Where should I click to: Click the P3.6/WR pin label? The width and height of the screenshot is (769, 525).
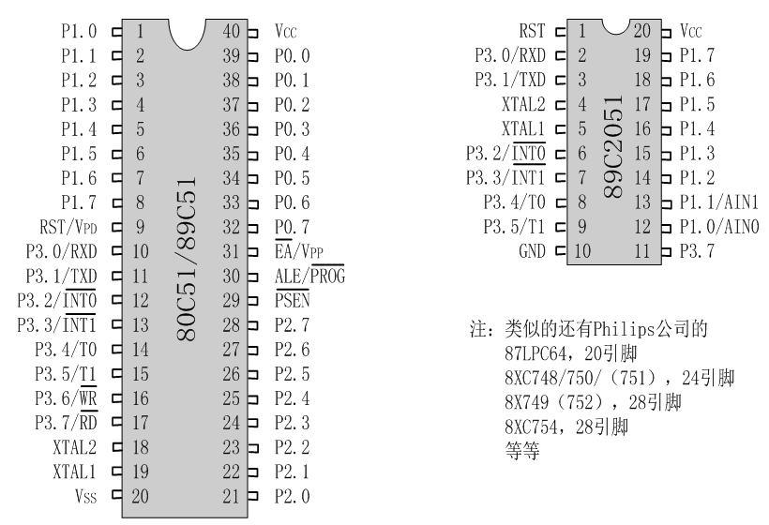[69, 397]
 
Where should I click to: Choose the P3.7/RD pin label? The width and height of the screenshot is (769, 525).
[69, 422]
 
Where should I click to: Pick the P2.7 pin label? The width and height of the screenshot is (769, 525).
[292, 324]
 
